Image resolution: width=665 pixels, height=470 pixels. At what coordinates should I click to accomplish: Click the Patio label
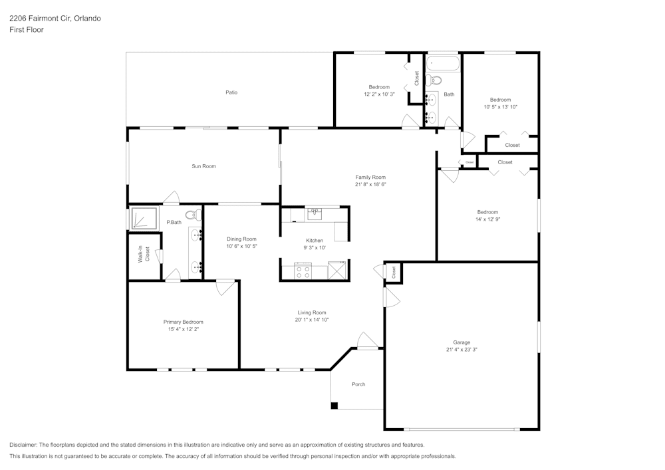pos(231,92)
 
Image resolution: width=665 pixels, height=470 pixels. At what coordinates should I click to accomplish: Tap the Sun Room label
pos(203,166)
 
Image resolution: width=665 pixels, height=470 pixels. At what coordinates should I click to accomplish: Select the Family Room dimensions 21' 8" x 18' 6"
pos(370,184)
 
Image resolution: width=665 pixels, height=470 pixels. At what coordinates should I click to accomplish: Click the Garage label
pos(462,342)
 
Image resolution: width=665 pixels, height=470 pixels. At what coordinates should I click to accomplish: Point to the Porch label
pos(358,384)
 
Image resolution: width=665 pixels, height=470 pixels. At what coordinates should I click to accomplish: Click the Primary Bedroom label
pos(183,322)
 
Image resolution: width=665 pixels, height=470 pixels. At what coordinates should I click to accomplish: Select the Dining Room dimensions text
pos(241,246)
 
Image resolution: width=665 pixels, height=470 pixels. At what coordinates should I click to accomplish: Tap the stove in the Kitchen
pos(303,271)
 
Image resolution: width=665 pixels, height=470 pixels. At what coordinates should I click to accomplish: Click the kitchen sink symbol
pos(315,213)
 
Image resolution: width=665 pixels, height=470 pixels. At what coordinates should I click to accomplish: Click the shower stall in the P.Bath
pos(143,219)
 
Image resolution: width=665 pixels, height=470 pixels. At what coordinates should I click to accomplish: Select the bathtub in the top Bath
pos(443,64)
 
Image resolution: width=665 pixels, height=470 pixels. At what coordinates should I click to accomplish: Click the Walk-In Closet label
pos(144,255)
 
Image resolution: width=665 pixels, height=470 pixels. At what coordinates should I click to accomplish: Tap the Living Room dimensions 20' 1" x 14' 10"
pos(312,320)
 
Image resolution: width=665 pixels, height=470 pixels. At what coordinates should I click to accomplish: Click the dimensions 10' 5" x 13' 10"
pos(500,106)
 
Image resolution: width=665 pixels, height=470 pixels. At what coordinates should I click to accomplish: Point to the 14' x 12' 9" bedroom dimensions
pos(487,219)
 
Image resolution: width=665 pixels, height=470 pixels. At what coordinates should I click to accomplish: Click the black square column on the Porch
pos(334,406)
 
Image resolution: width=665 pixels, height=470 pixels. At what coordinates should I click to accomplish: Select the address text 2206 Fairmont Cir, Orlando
pos(55,19)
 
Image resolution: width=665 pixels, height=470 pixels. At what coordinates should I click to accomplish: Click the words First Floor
pos(27,30)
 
